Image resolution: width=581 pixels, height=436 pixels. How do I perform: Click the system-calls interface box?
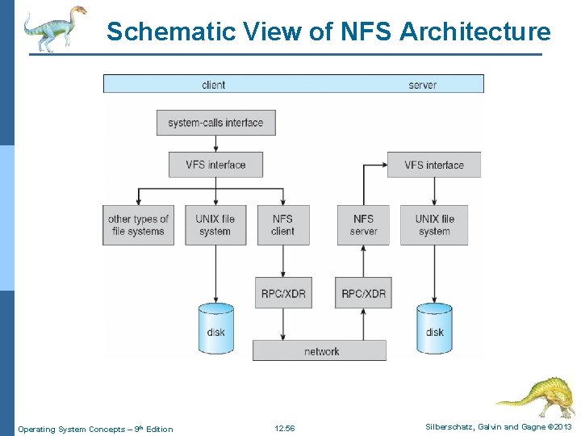click(215, 123)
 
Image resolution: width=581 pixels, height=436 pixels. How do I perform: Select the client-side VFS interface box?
click(215, 165)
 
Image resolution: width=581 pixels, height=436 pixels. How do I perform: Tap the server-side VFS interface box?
click(434, 165)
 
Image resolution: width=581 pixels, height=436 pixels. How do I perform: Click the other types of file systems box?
click(138, 224)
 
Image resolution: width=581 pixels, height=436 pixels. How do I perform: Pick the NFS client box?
click(282, 224)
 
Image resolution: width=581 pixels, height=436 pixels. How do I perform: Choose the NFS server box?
click(363, 224)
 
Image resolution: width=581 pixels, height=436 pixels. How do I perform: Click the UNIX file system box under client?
click(215, 224)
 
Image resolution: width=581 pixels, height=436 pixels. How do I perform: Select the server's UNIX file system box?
click(434, 224)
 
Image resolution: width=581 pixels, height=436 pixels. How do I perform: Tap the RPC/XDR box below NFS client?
click(282, 293)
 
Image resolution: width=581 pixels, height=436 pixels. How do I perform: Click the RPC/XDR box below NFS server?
click(363, 293)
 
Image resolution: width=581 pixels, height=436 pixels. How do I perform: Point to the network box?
click(320, 350)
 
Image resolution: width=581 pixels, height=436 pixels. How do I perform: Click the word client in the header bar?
click(213, 84)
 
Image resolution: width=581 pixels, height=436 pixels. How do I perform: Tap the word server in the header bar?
click(422, 84)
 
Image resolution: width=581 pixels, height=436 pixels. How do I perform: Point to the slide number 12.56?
click(284, 429)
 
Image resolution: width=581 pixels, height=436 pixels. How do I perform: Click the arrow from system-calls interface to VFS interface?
click(215, 144)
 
